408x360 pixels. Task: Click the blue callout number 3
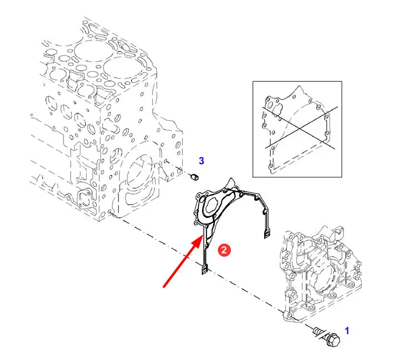pos(202,161)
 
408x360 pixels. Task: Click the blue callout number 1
pos(347,331)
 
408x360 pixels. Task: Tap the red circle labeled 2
pos(224,250)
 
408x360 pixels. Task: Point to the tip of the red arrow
pos(203,235)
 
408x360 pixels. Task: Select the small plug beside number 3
pos(194,177)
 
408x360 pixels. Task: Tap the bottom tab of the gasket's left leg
pos(204,269)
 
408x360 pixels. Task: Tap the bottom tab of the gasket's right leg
pos(267,234)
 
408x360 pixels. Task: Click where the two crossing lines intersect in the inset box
pos(299,129)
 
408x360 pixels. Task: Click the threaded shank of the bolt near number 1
pos(318,332)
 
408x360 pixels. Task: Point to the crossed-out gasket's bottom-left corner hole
pos(271,166)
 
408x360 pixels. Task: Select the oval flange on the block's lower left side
pos(85,199)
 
